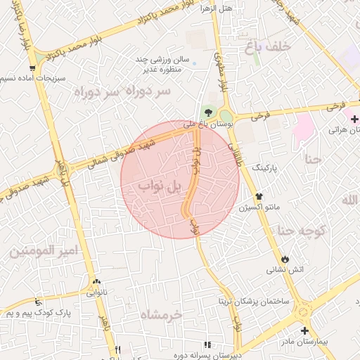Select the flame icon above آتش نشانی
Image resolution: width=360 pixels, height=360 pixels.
285,259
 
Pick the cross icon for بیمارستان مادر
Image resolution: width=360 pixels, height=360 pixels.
304,330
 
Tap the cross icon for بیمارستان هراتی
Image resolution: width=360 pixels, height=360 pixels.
354,120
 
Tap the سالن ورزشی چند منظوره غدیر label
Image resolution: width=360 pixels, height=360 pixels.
164,65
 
